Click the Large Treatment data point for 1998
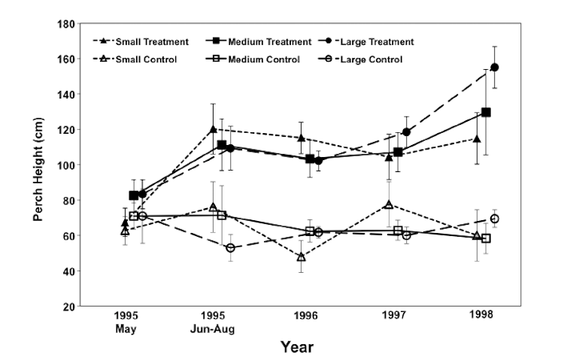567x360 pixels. click(494, 67)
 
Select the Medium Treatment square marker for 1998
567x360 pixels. click(486, 112)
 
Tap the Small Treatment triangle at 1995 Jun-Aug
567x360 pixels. click(213, 129)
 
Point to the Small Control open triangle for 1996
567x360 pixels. click(301, 257)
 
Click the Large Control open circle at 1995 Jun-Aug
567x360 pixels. click(230, 248)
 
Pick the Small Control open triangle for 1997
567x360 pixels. click(389, 204)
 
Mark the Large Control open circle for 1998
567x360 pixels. click(494, 219)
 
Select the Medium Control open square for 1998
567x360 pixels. click(486, 238)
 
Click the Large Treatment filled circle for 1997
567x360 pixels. click(406, 132)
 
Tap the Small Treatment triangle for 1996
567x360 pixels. click(301, 138)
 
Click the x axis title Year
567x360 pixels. click(296, 347)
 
